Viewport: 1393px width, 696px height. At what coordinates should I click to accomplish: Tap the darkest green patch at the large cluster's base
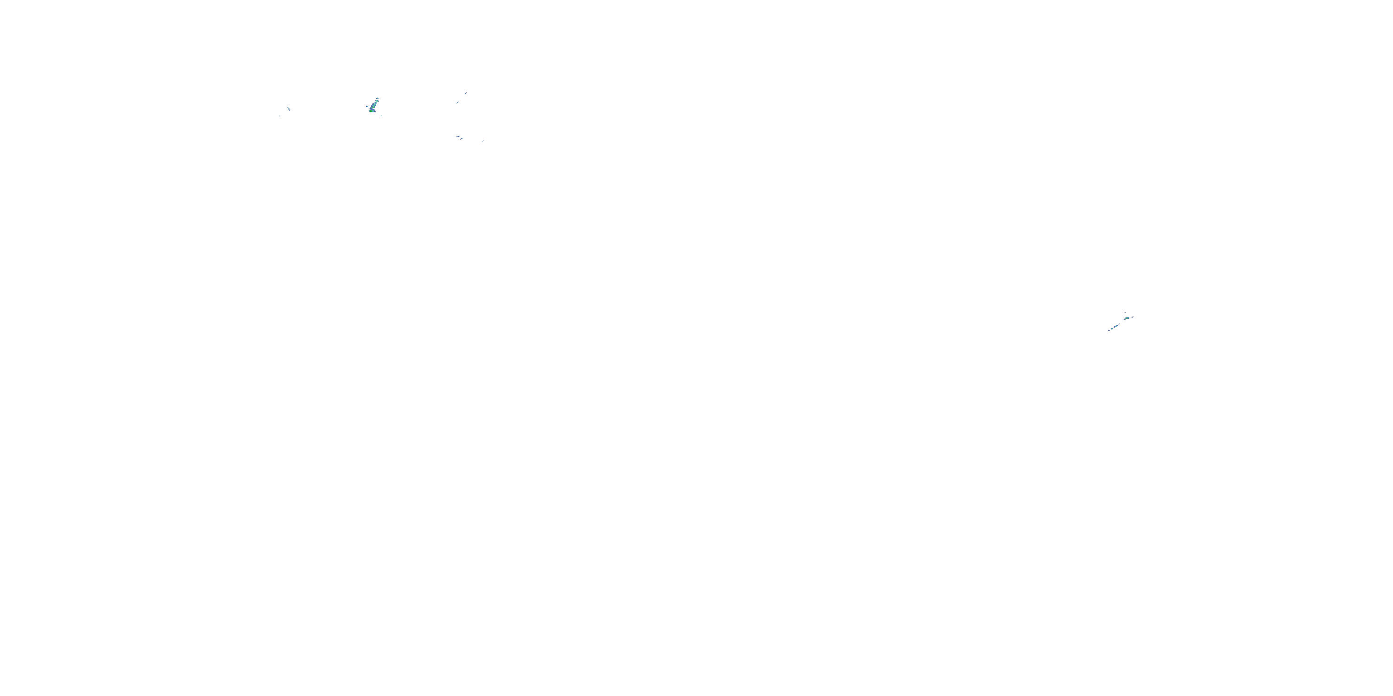pos(371,111)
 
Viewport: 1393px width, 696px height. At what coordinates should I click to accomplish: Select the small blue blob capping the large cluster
pos(378,98)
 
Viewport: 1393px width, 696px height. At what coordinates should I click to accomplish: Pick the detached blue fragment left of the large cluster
pos(367,106)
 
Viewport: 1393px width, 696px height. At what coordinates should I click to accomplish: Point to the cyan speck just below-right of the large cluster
pos(381,116)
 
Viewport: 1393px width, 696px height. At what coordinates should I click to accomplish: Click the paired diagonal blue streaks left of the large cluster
pos(289,109)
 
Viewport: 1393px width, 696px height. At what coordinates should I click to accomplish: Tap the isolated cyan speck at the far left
pos(280,116)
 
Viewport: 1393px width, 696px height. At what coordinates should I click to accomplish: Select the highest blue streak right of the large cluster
pos(466,93)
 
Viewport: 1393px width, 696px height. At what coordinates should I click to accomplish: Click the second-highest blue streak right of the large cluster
pos(457,103)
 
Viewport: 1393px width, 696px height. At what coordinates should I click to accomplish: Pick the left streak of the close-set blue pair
pos(458,137)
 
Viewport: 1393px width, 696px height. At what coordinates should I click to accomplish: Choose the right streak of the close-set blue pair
pos(462,139)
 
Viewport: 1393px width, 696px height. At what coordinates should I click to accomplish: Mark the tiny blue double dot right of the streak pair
pos(483,141)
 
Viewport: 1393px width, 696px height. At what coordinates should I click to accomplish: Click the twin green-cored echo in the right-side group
pos(1127,318)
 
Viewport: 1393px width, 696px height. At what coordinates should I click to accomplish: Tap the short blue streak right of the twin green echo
pos(1133,317)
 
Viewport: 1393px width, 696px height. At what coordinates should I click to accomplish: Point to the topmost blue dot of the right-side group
pos(1124,311)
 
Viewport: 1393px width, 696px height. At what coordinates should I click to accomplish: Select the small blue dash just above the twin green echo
pos(1126,313)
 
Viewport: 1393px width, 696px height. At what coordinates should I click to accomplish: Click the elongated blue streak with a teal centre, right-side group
pos(1116,326)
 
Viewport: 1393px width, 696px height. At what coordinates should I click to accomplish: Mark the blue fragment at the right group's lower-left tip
pos(1109,331)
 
